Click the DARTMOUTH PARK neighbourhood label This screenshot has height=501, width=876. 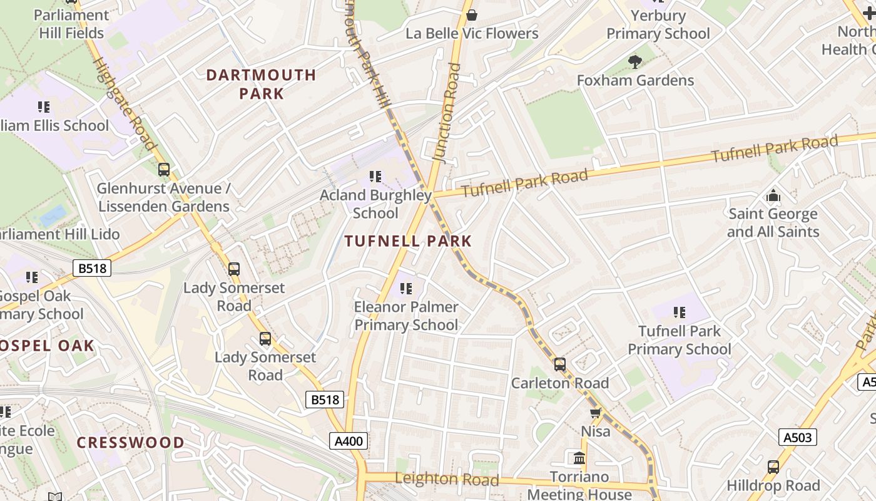pyautogui.click(x=261, y=84)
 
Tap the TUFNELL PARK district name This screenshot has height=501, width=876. pyautogui.click(x=408, y=241)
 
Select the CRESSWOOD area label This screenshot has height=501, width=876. pyautogui.click(x=130, y=443)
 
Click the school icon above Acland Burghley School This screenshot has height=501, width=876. pyautogui.click(x=375, y=177)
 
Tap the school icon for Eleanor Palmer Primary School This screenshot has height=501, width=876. pyautogui.click(x=406, y=289)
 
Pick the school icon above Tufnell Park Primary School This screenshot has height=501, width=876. pyautogui.click(x=680, y=312)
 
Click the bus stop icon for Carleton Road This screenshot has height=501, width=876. pyautogui.click(x=560, y=364)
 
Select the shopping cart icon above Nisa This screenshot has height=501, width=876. pyautogui.click(x=595, y=413)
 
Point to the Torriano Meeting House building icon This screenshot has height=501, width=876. pyautogui.click(x=579, y=458)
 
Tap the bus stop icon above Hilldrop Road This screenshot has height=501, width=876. pyautogui.click(x=773, y=467)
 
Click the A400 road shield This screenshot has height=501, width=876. pyautogui.click(x=349, y=441)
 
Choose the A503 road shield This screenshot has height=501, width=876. pyautogui.click(x=798, y=436)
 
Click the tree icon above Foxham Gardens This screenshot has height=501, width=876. pyautogui.click(x=635, y=61)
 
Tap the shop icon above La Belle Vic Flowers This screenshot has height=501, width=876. pyautogui.click(x=472, y=14)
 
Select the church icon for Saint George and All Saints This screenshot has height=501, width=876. pyautogui.click(x=773, y=195)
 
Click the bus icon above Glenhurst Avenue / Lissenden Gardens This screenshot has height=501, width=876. pyautogui.click(x=164, y=169)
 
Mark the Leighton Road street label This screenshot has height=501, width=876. pyautogui.click(x=447, y=480)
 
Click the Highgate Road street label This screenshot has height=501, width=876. pyautogui.click(x=123, y=104)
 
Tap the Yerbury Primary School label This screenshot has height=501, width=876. pyautogui.click(x=658, y=24)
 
